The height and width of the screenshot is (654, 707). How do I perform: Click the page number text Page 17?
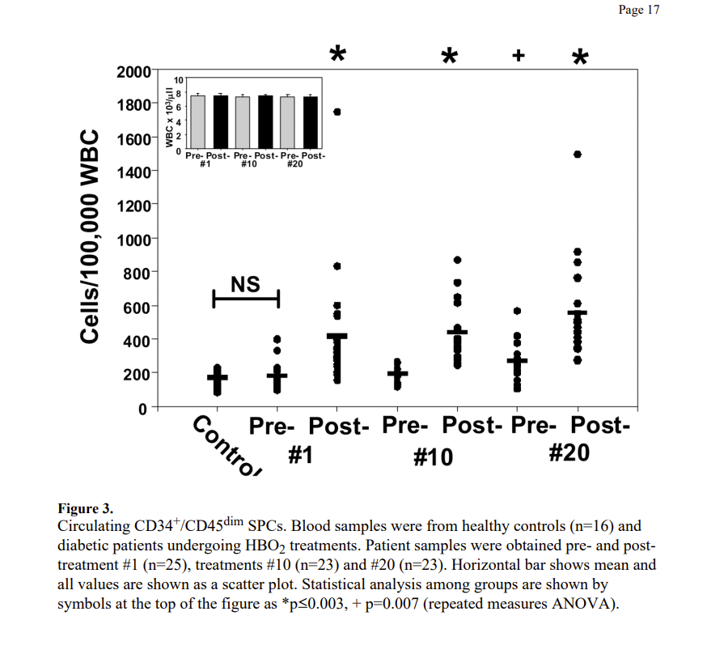click(638, 11)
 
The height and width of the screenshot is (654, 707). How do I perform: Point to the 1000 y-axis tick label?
click(133, 240)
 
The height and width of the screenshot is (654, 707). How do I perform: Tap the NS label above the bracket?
click(245, 284)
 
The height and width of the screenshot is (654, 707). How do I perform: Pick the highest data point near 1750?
click(337, 112)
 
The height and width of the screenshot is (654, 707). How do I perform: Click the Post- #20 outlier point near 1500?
click(578, 155)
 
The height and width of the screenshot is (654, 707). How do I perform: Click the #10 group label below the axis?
click(434, 457)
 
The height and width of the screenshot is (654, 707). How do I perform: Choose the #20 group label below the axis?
click(569, 453)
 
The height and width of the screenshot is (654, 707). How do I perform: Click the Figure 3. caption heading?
click(85, 509)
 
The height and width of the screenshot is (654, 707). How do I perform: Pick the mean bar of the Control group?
click(217, 377)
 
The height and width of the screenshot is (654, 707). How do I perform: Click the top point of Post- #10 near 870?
click(458, 260)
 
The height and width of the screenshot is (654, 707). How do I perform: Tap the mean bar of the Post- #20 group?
click(578, 312)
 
